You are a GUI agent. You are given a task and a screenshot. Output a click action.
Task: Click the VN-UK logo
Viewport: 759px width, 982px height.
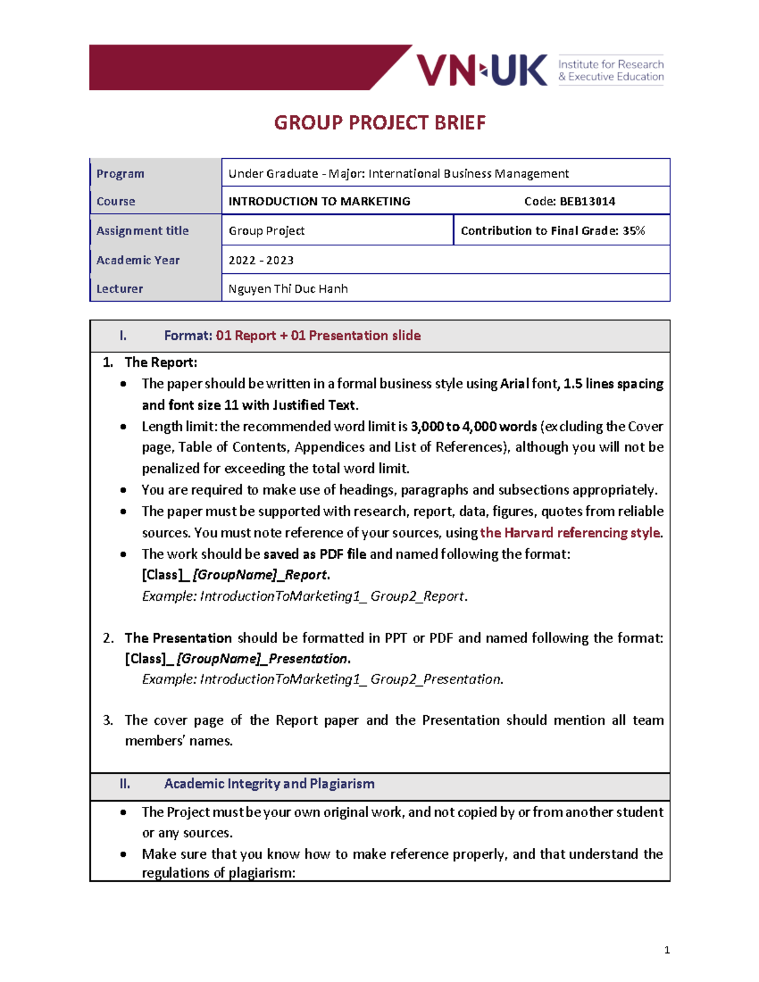point(481,70)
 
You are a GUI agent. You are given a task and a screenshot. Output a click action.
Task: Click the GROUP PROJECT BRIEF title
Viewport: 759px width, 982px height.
point(379,123)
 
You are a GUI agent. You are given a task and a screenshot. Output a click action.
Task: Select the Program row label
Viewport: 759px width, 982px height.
point(120,174)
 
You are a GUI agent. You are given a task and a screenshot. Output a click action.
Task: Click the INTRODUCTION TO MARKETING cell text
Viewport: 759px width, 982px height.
point(319,202)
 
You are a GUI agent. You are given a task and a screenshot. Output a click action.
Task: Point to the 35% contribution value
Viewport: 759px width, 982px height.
point(633,231)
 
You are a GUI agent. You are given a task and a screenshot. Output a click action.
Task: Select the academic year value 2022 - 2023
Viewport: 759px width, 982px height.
point(261,261)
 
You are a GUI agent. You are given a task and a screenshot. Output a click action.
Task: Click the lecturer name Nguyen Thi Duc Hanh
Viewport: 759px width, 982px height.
point(288,289)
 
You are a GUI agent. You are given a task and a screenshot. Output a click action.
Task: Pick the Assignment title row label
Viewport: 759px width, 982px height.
point(142,231)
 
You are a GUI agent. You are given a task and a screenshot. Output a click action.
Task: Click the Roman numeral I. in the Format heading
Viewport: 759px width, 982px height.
point(123,336)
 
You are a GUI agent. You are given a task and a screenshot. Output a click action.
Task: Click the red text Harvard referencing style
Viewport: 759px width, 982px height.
point(570,533)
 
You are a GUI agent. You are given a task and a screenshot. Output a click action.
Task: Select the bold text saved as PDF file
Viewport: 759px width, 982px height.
point(314,555)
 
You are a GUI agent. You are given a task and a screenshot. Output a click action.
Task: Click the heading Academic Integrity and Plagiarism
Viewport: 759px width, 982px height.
point(269,784)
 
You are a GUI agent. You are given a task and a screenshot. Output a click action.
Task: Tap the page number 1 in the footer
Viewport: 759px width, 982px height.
point(667,950)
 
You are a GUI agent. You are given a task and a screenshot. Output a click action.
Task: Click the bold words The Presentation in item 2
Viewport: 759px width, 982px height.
point(178,638)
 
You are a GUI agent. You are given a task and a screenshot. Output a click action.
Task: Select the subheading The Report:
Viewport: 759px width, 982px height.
point(161,362)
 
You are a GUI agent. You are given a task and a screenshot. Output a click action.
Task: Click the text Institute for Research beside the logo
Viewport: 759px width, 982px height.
point(610,64)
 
